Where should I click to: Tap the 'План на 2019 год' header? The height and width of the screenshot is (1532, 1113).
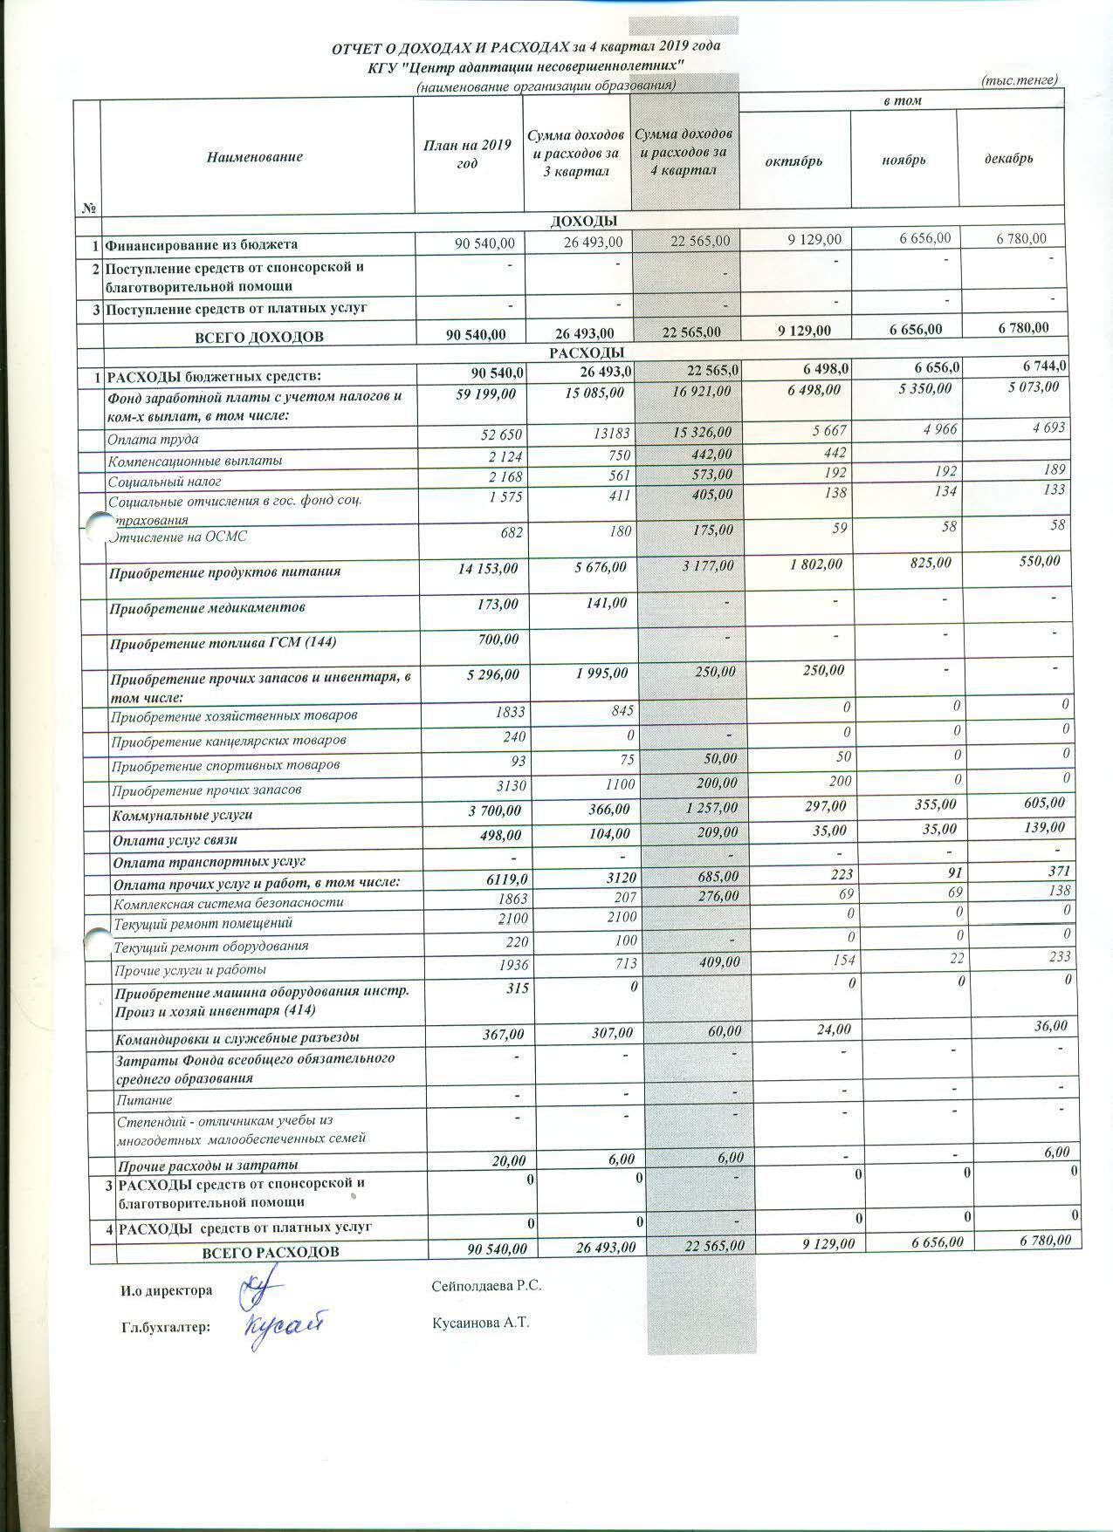coord(467,155)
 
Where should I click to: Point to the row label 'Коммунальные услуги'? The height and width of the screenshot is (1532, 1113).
coord(182,816)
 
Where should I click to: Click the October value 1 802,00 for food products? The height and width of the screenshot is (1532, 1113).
coord(817,564)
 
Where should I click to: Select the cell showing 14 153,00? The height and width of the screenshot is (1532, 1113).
coord(487,569)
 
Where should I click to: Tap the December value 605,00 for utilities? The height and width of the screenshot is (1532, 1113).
coord(1042,803)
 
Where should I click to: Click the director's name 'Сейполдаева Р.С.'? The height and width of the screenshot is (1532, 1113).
coord(492,1286)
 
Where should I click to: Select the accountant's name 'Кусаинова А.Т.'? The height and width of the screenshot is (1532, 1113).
coord(480,1323)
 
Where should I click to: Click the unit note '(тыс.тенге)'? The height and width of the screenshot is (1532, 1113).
coord(1019,79)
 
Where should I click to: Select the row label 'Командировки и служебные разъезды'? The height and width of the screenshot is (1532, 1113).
coord(237,1039)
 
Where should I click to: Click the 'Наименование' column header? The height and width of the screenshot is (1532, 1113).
coord(255,157)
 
